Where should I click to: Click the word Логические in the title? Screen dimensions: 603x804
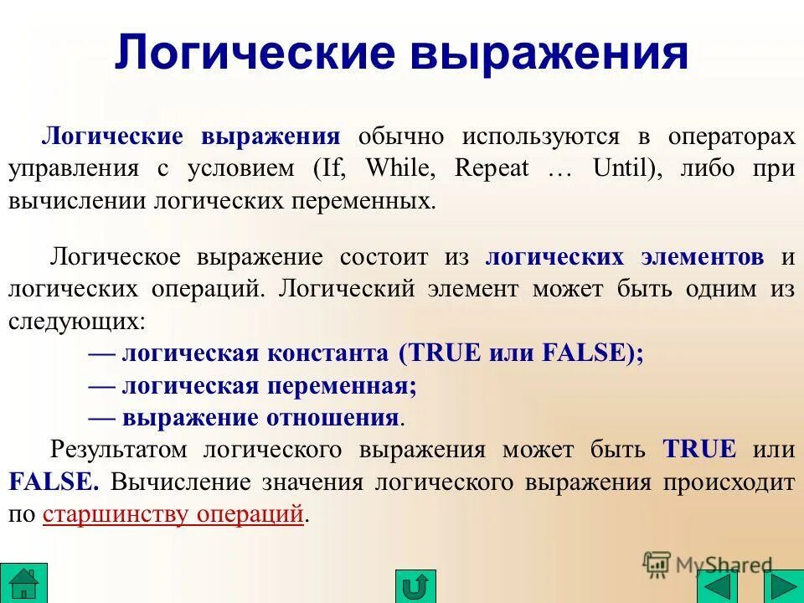254,52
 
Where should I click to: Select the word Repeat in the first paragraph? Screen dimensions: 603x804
492,168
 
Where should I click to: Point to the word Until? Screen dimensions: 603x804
622,168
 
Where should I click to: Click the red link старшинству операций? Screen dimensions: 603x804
172,513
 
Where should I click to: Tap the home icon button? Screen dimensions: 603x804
24,581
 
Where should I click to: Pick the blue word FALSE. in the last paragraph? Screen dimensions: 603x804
54,482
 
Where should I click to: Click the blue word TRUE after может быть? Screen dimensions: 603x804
699,449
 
